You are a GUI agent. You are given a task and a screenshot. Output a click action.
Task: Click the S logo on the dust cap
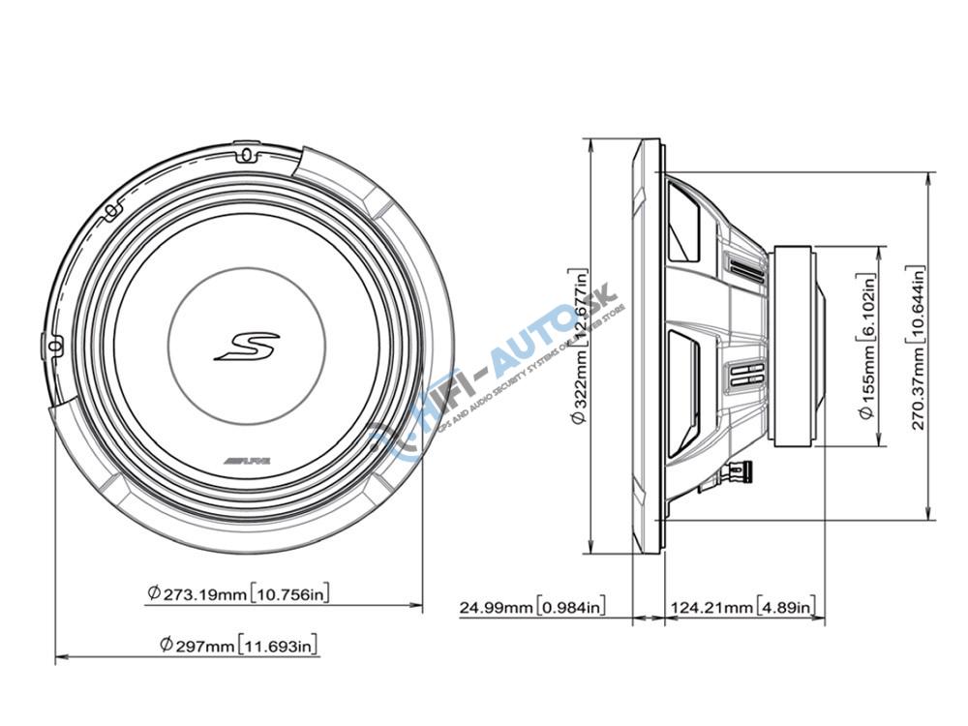246,346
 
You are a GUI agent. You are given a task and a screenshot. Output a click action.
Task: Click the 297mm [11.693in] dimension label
238,645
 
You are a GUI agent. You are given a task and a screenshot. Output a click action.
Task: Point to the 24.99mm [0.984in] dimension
532,608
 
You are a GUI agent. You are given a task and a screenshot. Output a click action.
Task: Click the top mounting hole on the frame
245,156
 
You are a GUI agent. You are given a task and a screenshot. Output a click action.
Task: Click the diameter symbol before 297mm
166,645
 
